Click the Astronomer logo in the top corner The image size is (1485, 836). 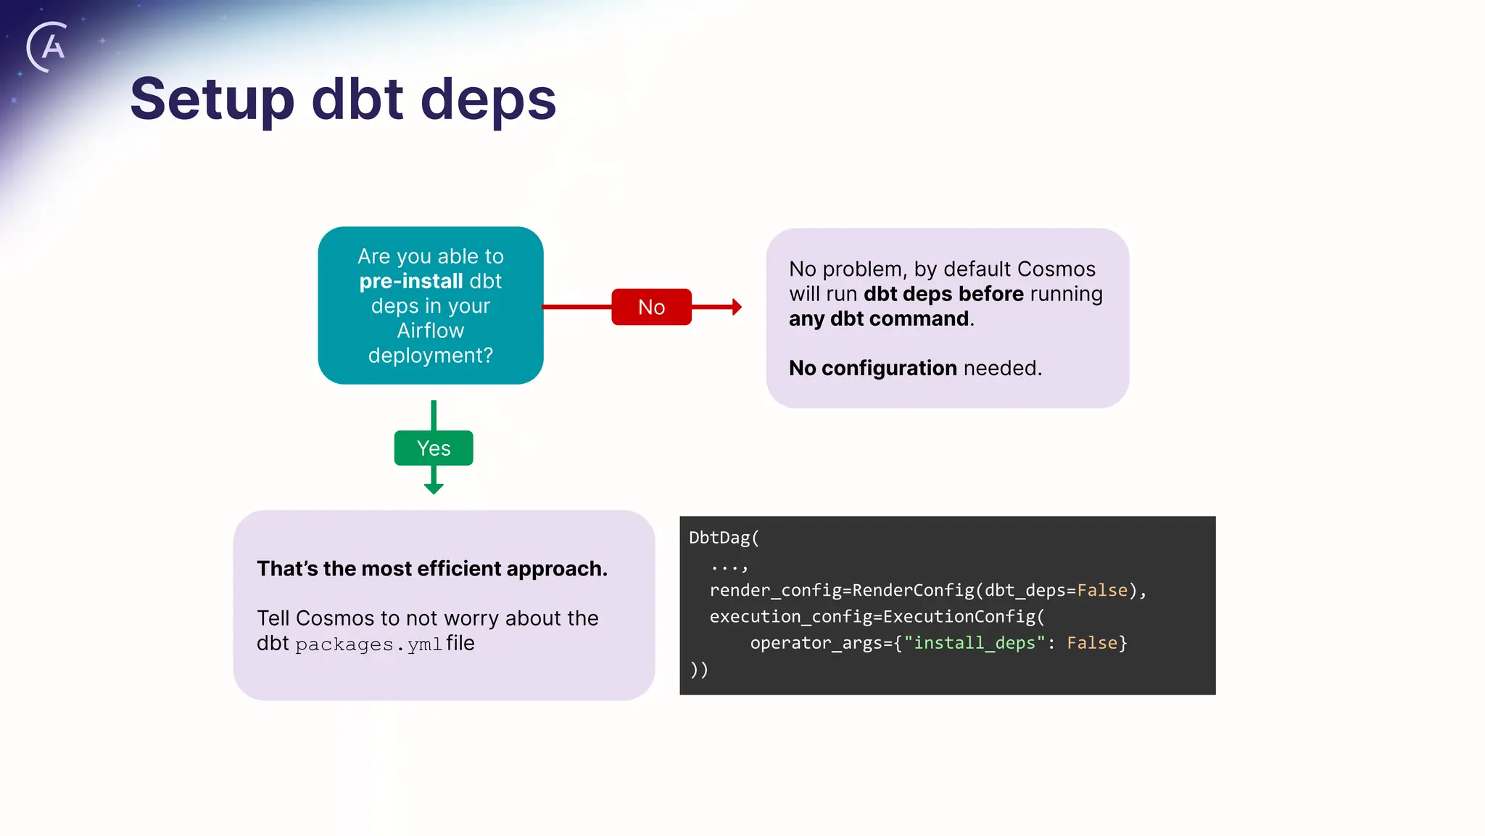pyautogui.click(x=48, y=47)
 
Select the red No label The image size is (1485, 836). pyautogui.click(x=651, y=307)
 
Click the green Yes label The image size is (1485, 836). pyautogui.click(x=434, y=448)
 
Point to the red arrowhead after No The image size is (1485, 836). pyautogui.click(x=737, y=307)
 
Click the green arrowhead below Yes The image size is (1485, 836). pyautogui.click(x=434, y=489)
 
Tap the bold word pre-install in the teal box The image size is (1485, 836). pyautogui.click(x=410, y=282)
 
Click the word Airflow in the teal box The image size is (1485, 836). pyautogui.click(x=430, y=331)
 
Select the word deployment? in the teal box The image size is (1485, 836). pyautogui.click(x=430, y=356)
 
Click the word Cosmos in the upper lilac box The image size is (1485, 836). pyautogui.click(x=1056, y=269)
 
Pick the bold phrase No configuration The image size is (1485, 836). pyautogui.click(x=872, y=369)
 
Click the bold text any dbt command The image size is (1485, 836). pyautogui.click(x=879, y=319)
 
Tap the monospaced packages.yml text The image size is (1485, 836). pyautogui.click(x=368, y=644)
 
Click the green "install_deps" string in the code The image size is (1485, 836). pyautogui.click(x=974, y=643)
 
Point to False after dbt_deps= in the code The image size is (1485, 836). pyautogui.click(x=1102, y=591)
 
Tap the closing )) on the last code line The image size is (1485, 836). pyautogui.click(x=698, y=669)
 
